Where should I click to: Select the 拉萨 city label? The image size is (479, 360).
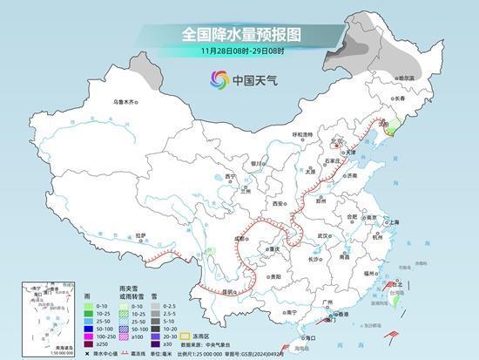[141, 235]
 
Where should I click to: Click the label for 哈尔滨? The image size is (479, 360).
[405, 78]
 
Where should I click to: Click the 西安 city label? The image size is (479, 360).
[278, 202]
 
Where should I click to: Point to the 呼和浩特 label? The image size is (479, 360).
[301, 134]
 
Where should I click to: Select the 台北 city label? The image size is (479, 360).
[400, 284]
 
